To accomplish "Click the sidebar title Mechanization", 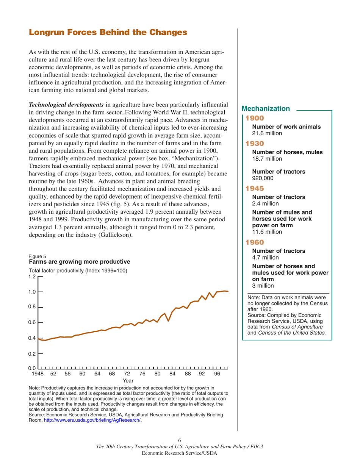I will [268, 109].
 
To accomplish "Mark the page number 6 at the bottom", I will [180, 441].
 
